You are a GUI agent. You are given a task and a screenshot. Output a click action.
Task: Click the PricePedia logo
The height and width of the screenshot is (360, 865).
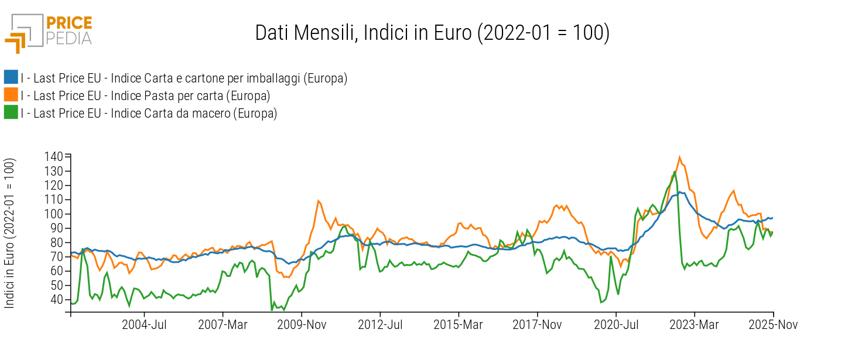click(49, 33)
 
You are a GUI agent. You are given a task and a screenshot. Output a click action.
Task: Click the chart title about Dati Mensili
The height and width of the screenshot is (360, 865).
click(432, 33)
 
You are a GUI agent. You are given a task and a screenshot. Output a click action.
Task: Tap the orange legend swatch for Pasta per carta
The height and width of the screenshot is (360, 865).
click(11, 95)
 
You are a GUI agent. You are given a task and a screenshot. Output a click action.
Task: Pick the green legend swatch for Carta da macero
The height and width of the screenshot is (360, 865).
click(11, 113)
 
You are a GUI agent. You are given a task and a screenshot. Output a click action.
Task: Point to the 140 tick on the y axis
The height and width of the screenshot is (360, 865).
click(54, 156)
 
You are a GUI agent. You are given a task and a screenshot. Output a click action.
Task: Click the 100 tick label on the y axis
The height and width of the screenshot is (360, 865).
click(54, 214)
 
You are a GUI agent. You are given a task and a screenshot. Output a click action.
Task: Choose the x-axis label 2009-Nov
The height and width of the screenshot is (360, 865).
click(302, 325)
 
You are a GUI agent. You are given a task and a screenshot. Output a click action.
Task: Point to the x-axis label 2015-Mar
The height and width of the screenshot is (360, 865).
click(458, 325)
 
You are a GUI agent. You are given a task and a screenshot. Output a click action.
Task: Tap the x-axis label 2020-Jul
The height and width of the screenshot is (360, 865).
click(616, 325)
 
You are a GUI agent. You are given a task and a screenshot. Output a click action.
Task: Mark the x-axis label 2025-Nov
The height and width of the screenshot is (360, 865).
click(774, 325)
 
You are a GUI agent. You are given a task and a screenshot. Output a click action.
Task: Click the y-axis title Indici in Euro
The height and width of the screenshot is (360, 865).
click(10, 233)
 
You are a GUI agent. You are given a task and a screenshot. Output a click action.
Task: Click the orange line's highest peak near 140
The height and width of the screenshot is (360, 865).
click(679, 157)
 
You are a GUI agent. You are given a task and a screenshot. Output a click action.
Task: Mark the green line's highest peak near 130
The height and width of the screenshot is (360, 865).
click(675, 172)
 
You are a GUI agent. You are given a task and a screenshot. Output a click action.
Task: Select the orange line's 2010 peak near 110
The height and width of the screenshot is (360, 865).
click(318, 201)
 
